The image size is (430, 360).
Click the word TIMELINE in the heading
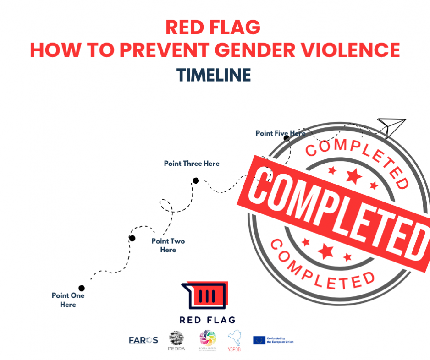coord(214,75)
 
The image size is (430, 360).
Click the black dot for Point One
coord(82,288)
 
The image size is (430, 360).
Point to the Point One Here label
coord(68,300)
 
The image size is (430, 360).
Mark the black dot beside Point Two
coord(132,238)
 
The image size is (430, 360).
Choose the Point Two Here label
coord(168,245)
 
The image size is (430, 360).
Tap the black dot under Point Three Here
coord(196,180)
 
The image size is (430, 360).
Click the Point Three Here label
coord(192,164)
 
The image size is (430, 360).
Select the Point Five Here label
coord(280,133)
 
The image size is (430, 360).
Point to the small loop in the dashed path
coord(165,206)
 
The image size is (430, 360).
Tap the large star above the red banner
coord(353,175)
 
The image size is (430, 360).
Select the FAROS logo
coord(143,340)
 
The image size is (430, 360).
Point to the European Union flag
coord(259,340)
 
